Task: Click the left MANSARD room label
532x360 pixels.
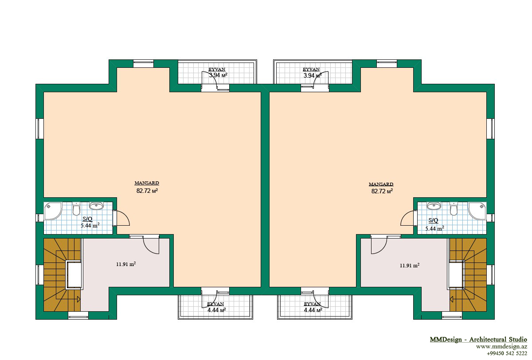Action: pos(147,183)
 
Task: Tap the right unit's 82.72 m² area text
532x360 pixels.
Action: pos(382,191)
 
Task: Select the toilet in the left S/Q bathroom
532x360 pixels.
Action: pos(76,209)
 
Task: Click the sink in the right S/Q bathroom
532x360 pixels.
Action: pos(434,206)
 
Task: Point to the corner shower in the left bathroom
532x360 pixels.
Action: pos(53,211)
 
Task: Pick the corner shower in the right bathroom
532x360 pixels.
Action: pos(477,211)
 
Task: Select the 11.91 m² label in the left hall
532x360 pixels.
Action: pos(126,264)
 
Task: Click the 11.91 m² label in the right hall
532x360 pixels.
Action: pos(410,265)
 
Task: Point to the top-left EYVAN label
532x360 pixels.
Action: pos(217,69)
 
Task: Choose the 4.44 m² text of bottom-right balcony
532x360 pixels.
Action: pos(313,310)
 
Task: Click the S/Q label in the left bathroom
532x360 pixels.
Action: pos(87,219)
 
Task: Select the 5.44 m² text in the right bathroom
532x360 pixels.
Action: pos(434,228)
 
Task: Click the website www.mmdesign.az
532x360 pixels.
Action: pos(501,347)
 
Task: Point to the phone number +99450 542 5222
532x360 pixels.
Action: pos(507,353)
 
